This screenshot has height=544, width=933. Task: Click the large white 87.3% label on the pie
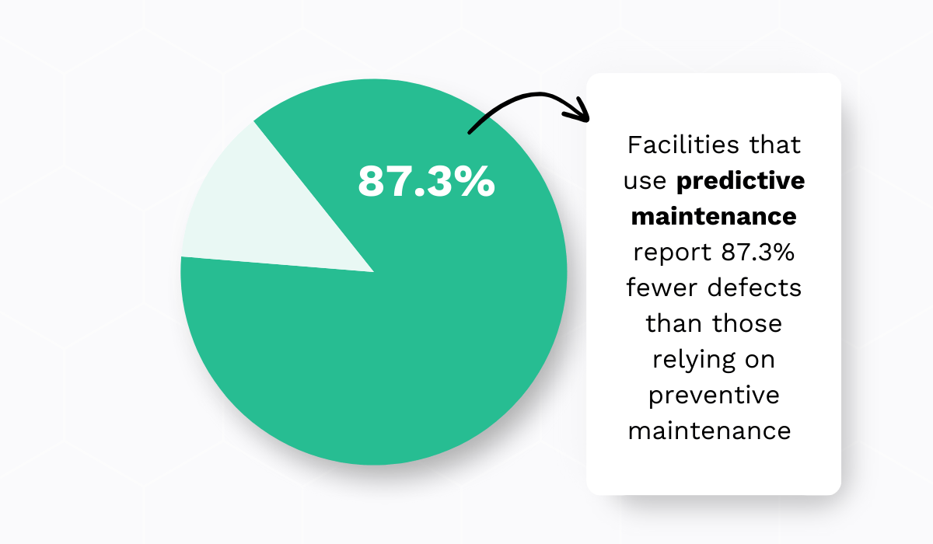point(426,181)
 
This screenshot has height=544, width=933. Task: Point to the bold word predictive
point(740,181)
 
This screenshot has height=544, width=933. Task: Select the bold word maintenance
point(714,216)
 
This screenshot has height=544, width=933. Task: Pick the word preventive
point(714,394)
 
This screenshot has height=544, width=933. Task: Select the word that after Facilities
point(772,145)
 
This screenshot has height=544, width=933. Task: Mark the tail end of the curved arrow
point(470,132)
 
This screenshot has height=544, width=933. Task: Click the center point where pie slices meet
point(374,272)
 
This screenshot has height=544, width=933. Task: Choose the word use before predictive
point(646,181)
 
